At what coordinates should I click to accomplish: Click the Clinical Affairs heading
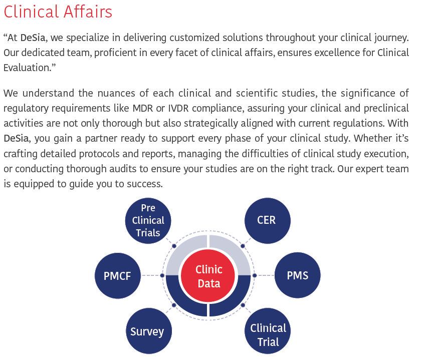click(58, 12)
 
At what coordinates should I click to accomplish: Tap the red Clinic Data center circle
click(209, 276)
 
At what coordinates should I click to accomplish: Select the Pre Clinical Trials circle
click(148, 220)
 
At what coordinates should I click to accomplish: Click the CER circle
click(267, 220)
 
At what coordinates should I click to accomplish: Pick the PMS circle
click(298, 275)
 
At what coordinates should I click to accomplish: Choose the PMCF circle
click(118, 276)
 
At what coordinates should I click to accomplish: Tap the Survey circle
click(149, 331)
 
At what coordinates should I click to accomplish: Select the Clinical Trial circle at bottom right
click(267, 331)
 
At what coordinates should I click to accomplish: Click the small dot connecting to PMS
click(255, 275)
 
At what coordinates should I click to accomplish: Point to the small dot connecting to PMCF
click(162, 275)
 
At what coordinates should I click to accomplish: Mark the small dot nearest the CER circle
click(243, 246)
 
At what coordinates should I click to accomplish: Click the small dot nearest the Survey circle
click(174, 305)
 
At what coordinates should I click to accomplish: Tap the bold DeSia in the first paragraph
click(33, 38)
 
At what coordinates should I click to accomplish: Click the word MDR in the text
click(142, 108)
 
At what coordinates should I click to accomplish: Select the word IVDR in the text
click(178, 108)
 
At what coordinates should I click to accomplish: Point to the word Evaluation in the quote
click(27, 68)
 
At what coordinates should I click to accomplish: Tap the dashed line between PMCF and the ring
click(150, 275)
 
